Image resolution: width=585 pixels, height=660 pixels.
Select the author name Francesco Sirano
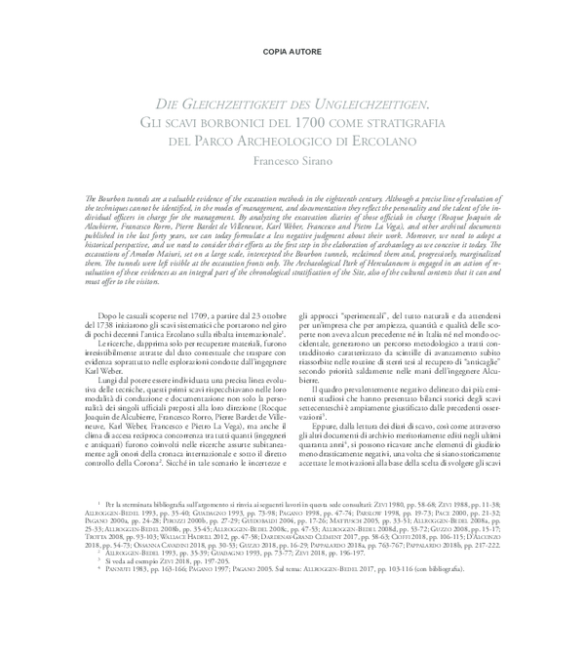[292, 161]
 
